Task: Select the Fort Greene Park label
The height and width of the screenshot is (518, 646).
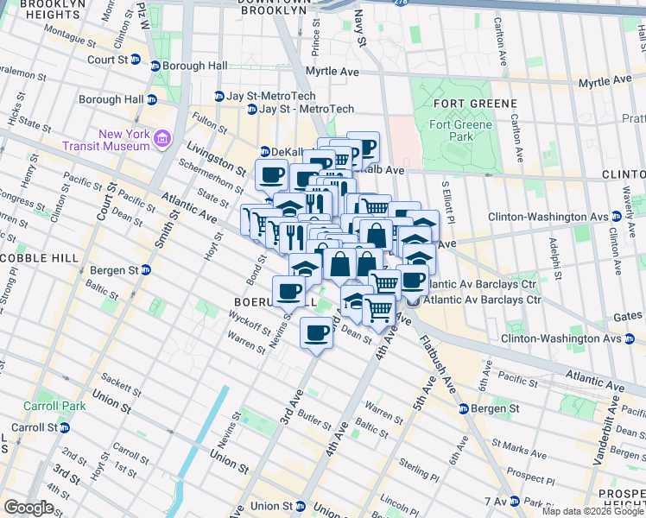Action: [x=460, y=130]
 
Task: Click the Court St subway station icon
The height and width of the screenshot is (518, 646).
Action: [x=155, y=66]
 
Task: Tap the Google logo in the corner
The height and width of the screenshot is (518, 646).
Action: [x=28, y=508]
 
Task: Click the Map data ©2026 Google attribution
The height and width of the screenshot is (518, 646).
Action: [x=592, y=511]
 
